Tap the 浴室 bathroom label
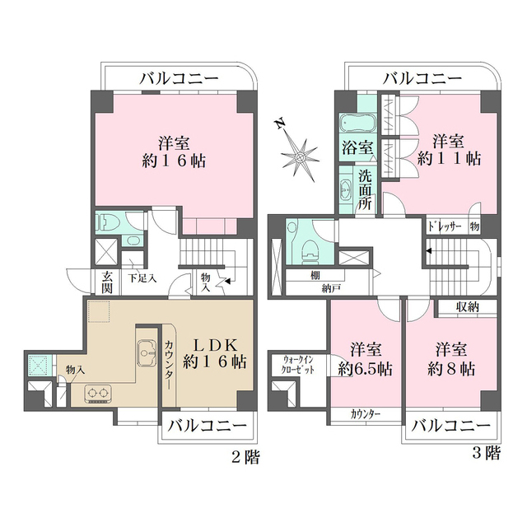click(x=357, y=149)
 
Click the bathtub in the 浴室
click(x=357, y=124)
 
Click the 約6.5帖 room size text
click(x=362, y=368)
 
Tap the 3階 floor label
click(x=487, y=452)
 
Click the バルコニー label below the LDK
click(x=208, y=427)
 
